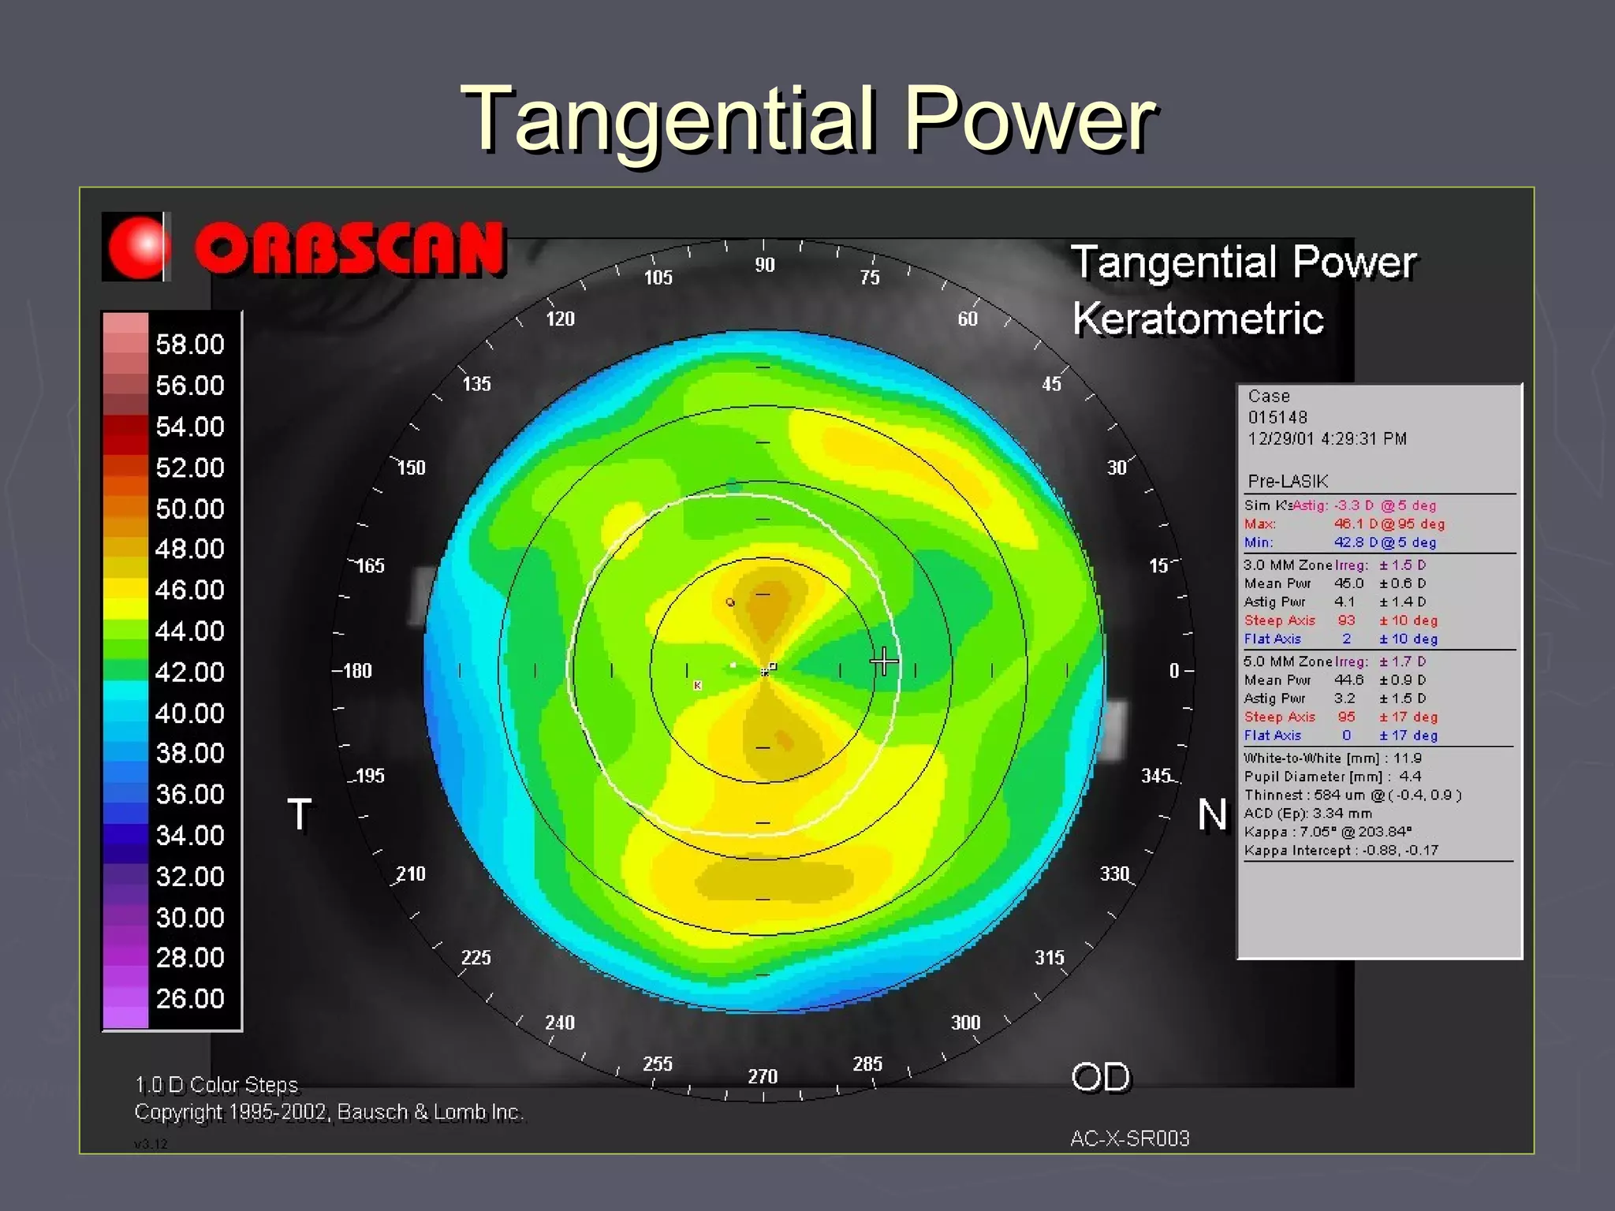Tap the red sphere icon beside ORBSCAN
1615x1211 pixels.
pyautogui.click(x=137, y=247)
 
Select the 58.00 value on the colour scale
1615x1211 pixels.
pyautogui.click(x=190, y=345)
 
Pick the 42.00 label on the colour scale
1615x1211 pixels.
pyautogui.click(x=190, y=673)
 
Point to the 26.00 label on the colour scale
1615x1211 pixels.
pyautogui.click(x=190, y=999)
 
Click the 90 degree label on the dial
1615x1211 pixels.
pyautogui.click(x=764, y=265)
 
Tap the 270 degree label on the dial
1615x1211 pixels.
pyautogui.click(x=763, y=1076)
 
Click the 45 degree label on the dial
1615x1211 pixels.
pyautogui.click(x=1052, y=384)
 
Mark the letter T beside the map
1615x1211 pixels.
pyautogui.click(x=300, y=814)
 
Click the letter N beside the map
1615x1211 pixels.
pyautogui.click(x=1212, y=814)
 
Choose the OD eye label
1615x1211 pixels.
pyautogui.click(x=1101, y=1077)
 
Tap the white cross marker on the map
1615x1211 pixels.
pyautogui.click(x=884, y=661)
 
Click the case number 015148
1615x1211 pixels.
pyautogui.click(x=1277, y=417)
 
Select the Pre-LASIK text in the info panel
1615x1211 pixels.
pyautogui.click(x=1288, y=481)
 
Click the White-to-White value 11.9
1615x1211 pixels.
pyautogui.click(x=1407, y=758)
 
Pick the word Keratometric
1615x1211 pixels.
pyautogui.click(x=1198, y=319)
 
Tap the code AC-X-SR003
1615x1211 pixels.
pyautogui.click(x=1129, y=1138)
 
